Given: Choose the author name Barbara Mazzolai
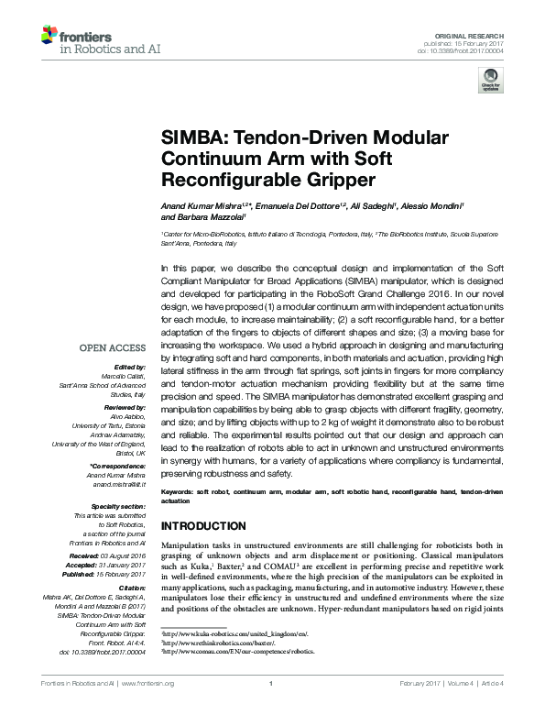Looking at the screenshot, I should tap(199, 217).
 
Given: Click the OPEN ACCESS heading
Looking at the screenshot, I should tap(112, 347).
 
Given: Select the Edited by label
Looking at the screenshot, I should tap(129, 366).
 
